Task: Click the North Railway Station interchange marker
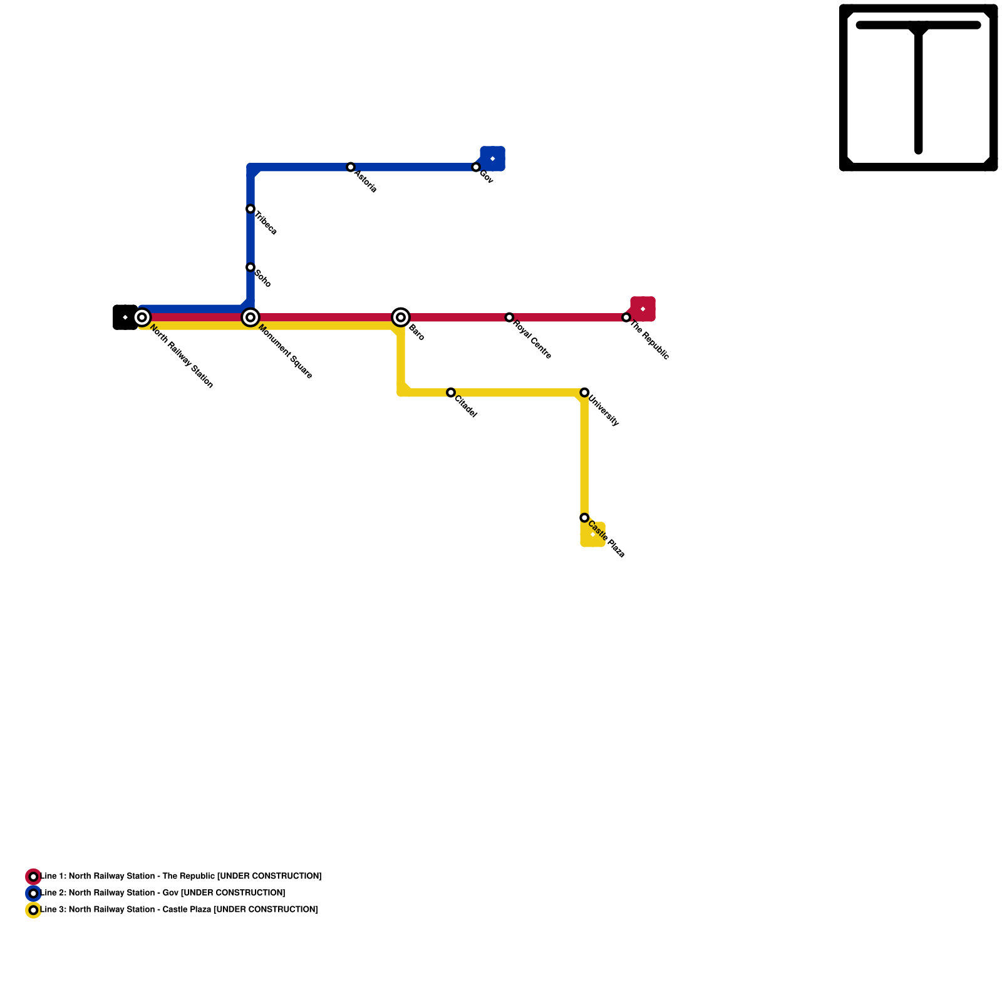pos(142,318)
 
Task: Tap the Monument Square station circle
pos(250,318)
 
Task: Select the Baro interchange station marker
pos(401,318)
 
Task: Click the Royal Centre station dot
pos(509,318)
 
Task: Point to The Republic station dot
pos(626,318)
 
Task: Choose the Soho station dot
pos(250,267)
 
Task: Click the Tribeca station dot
pos(250,209)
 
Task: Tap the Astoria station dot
pos(351,167)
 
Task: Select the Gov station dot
pos(476,167)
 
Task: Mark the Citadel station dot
pos(451,393)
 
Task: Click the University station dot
pos(584,393)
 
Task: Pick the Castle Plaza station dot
pos(584,518)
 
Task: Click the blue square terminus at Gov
pos(493,158)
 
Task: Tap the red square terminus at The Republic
pos(643,309)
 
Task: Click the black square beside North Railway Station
pos(125,318)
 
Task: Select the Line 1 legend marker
pos(33,877)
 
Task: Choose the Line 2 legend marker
pos(33,893)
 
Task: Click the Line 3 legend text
pos(179,909)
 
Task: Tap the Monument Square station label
pos(286,351)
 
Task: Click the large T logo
pos(918,88)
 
